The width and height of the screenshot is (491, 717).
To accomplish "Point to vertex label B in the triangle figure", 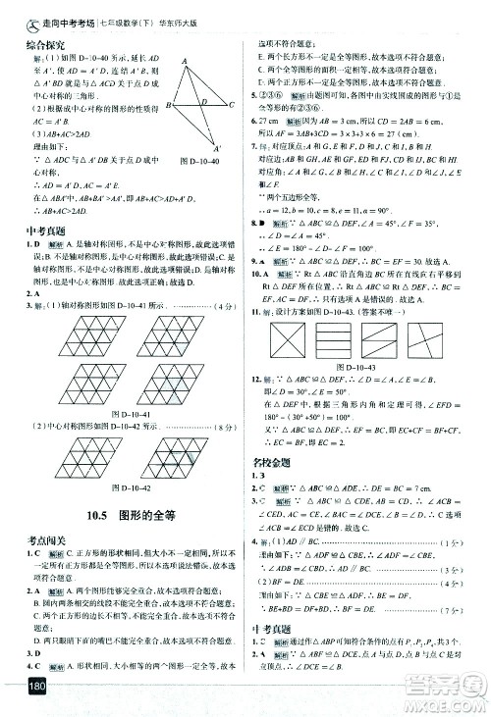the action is tap(168, 105).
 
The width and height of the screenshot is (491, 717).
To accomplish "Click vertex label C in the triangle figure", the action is tap(230, 104).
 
